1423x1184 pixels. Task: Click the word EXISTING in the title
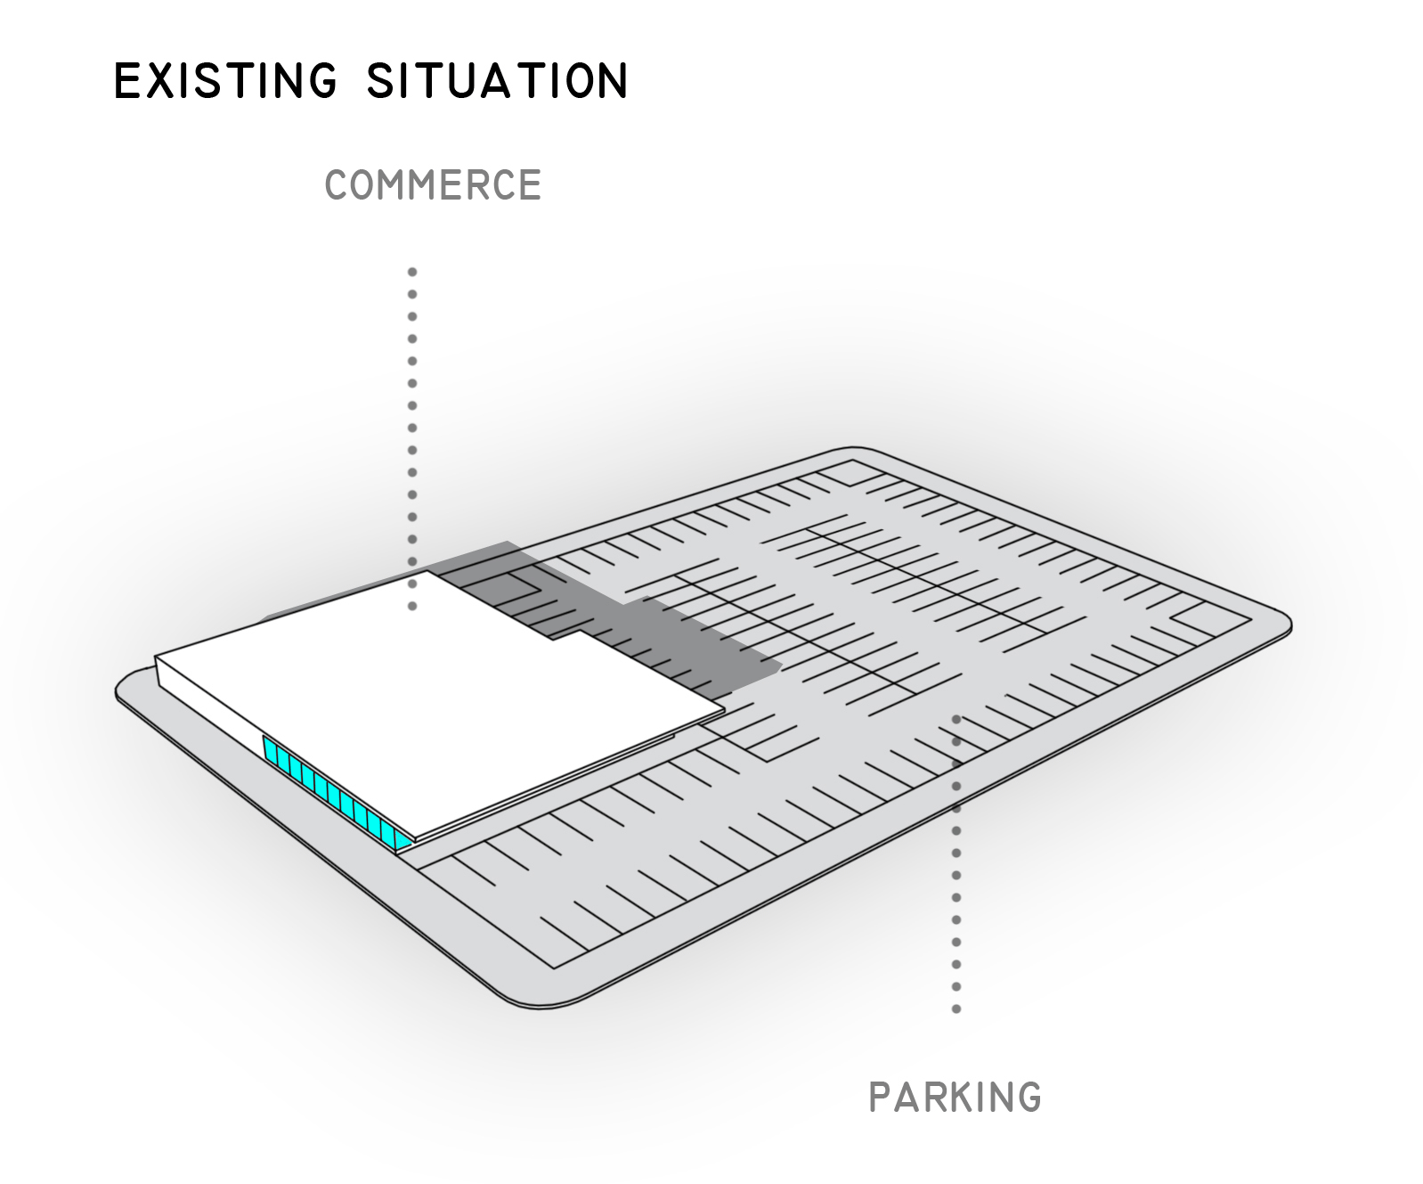[225, 80]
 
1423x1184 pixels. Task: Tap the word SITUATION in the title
[497, 80]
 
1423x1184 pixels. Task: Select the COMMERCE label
[433, 185]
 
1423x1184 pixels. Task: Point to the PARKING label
[955, 1098]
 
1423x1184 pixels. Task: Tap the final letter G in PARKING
[1029, 1098]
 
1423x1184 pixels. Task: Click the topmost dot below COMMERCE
[412, 272]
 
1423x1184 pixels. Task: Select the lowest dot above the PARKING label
[956, 1009]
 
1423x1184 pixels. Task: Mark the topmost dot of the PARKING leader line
[956, 718]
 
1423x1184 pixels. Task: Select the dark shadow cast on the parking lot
[677, 641]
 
